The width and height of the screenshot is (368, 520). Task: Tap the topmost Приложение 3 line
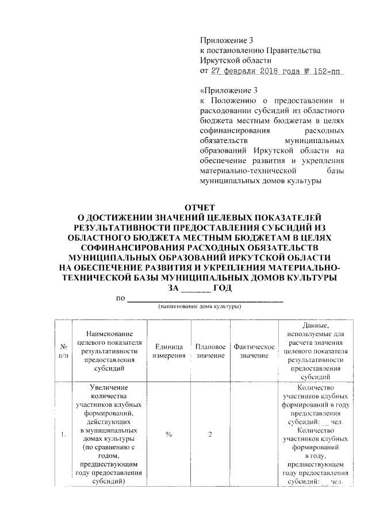coord(226,40)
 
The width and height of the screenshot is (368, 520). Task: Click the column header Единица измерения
coord(168,352)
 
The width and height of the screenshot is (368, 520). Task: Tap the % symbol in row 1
coord(168,434)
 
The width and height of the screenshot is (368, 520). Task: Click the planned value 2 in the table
coord(210,434)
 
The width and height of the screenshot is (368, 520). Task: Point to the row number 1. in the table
coord(62,434)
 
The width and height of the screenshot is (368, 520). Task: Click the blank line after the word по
coord(205,298)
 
